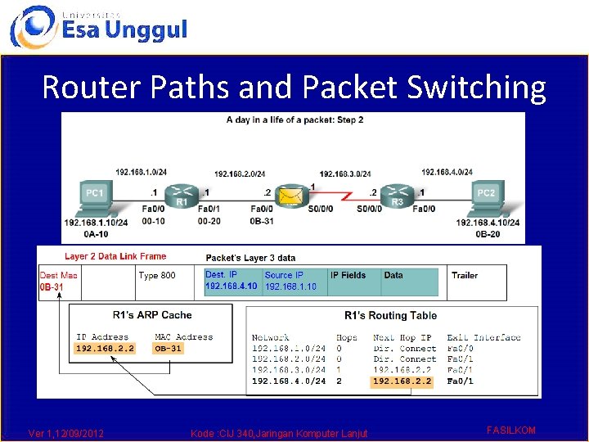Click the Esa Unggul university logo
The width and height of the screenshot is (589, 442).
pos(98,26)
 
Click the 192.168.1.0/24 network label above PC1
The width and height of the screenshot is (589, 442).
pos(142,173)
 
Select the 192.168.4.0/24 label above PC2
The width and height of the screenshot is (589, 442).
pos(448,172)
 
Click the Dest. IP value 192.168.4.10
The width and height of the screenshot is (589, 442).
pos(231,286)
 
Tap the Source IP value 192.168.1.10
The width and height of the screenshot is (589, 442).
pos(290,286)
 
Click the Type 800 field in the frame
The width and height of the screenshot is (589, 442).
pos(157,276)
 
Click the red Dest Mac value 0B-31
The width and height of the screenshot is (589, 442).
pos(52,287)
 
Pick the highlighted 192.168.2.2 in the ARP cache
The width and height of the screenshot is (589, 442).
pos(105,349)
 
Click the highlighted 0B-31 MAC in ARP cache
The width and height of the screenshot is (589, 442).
pos(169,349)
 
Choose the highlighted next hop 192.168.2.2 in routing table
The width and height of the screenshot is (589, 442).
pos(402,381)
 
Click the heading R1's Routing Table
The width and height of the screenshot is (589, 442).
pos(390,315)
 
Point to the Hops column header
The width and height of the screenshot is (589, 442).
pos(346,337)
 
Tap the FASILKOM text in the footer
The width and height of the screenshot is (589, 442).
pos(510,430)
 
